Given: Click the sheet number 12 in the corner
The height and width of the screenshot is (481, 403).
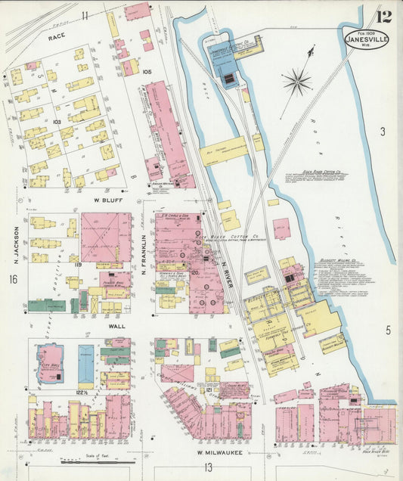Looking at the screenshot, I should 384,14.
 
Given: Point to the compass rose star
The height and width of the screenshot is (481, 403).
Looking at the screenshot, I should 299,80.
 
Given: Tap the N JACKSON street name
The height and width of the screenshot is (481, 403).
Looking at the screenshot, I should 14,241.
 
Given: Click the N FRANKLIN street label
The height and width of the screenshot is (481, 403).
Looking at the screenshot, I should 144,249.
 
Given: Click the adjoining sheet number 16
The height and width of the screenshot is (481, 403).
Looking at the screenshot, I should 12,280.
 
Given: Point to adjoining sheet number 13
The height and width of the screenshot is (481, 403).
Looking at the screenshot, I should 207,468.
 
